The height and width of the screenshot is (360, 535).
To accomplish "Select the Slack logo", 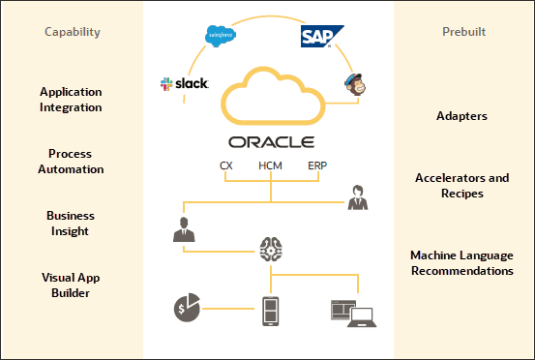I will (185, 84).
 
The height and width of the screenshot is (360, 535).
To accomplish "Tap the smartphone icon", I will (272, 310).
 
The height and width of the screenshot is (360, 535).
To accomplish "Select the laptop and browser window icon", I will (353, 311).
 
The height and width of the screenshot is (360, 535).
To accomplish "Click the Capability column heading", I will (72, 33).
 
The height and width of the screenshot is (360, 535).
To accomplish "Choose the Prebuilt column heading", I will (461, 33).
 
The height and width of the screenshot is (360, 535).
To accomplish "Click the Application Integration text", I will (72, 100).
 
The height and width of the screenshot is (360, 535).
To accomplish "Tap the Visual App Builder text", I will (72, 285).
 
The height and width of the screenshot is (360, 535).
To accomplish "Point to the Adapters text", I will (461, 116).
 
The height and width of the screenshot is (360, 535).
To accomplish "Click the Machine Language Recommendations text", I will (461, 262).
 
